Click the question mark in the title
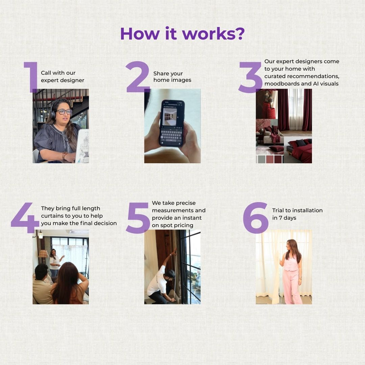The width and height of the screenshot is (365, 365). pos(239,33)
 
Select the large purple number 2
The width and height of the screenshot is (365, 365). pos(138,77)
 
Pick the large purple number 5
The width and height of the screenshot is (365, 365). pos(138,218)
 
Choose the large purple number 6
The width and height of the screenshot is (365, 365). pos(255,218)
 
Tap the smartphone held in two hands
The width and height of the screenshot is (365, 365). pos(172,124)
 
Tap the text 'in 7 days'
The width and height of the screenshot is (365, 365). pos(284,218)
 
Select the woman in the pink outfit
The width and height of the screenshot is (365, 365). pos(291,271)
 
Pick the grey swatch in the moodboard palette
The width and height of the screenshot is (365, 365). pos(262,159)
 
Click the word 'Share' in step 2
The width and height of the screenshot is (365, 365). pos(161,74)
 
